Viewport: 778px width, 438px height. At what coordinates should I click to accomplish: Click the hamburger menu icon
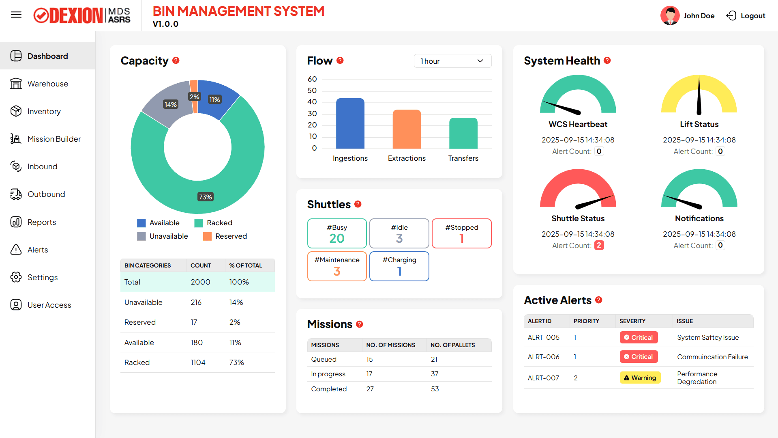(16, 15)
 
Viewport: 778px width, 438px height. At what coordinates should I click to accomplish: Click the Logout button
(746, 16)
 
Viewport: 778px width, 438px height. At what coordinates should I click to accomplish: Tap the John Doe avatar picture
(670, 16)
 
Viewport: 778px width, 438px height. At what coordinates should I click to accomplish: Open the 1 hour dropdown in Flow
(452, 61)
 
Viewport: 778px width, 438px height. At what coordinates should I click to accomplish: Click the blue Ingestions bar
(350, 123)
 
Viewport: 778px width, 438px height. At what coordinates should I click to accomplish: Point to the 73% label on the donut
(206, 197)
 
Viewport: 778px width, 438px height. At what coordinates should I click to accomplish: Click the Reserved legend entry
(225, 236)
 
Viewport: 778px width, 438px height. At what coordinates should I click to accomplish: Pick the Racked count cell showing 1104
(198, 362)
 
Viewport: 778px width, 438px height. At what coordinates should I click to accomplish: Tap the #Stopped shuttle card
(461, 233)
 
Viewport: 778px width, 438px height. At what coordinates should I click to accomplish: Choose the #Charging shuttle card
(399, 266)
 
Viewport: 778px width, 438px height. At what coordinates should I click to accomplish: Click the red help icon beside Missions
(360, 324)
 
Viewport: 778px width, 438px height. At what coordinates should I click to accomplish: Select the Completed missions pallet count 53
(435, 389)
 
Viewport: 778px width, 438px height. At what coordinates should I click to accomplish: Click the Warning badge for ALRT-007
(640, 378)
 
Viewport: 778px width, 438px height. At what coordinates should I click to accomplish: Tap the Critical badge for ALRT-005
(639, 337)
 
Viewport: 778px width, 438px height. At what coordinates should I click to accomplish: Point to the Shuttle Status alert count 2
(599, 245)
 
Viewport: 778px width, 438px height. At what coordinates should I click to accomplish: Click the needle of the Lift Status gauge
(699, 97)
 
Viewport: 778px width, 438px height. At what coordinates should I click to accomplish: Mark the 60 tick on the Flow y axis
(312, 79)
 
